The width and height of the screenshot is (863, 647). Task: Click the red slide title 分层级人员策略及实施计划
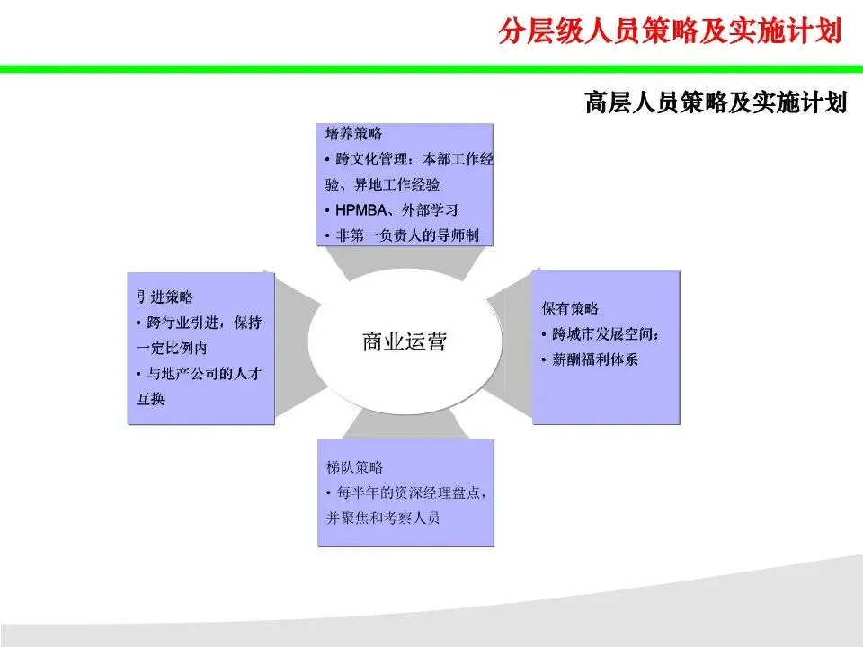click(x=670, y=31)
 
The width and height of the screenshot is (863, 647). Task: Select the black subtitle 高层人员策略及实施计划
click(x=716, y=102)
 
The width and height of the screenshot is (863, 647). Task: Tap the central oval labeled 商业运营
click(x=404, y=341)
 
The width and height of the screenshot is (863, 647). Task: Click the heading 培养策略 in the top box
click(x=353, y=134)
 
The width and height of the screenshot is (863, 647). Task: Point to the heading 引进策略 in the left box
click(x=165, y=297)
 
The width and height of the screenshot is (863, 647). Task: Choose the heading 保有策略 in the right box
click(x=570, y=308)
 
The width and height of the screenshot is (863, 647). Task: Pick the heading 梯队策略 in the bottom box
click(x=355, y=467)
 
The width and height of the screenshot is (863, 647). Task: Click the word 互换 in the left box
click(x=151, y=398)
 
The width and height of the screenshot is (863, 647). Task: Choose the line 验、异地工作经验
click(x=383, y=185)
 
